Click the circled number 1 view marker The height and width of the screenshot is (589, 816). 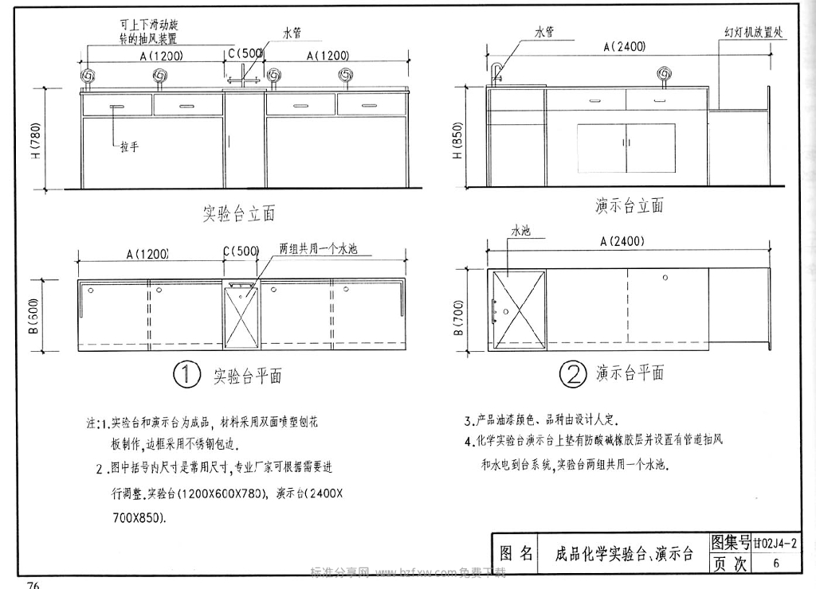click(186, 375)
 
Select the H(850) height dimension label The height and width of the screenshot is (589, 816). click(457, 142)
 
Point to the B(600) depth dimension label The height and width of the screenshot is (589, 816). click(36, 316)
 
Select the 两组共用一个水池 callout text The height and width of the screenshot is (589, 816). click(317, 248)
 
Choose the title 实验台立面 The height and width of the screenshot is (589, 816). click(238, 213)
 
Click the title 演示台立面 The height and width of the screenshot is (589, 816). click(629, 205)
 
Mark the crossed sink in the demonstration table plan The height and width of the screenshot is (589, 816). click(519, 308)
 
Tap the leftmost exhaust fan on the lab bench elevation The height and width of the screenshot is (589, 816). click(88, 76)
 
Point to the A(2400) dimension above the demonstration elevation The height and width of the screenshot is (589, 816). click(624, 47)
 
